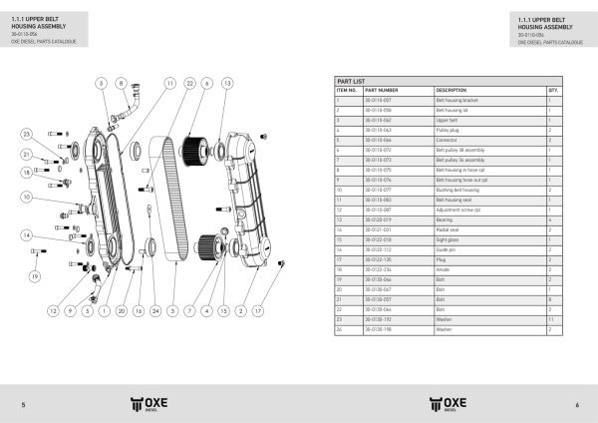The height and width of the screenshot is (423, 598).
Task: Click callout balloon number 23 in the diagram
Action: point(27,134)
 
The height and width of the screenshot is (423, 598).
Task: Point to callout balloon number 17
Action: point(258,311)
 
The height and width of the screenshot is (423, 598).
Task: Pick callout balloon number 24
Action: point(154,311)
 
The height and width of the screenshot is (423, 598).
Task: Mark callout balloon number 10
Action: point(27,197)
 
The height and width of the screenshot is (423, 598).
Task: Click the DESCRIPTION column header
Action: point(451,90)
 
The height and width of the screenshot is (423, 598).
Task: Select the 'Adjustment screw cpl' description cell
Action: point(456,210)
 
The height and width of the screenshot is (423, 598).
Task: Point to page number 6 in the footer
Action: point(576,404)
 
